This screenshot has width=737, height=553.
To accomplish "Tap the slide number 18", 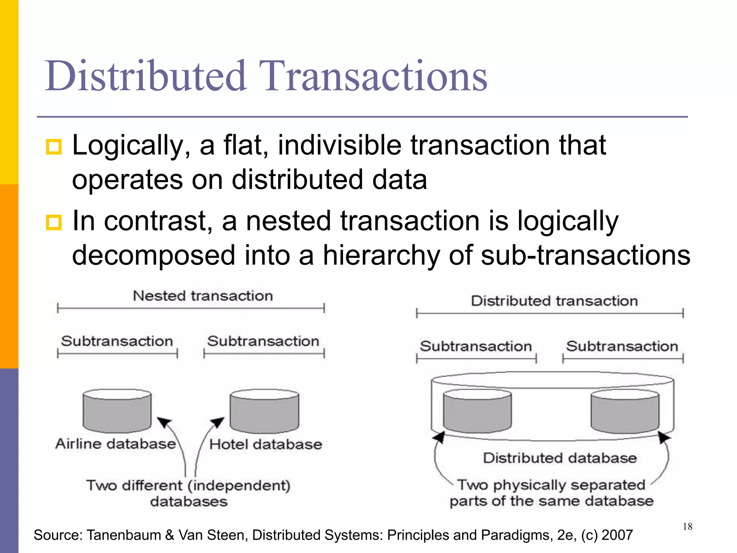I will tap(687, 527).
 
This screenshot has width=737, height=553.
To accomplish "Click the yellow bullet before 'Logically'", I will tap(54, 147).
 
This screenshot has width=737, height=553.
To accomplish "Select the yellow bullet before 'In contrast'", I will tap(54, 222).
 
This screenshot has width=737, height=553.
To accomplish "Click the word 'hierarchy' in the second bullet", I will tap(381, 255).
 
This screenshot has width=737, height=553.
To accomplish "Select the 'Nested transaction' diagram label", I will tap(203, 296).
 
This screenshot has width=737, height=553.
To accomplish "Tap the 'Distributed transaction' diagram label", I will tap(554, 301).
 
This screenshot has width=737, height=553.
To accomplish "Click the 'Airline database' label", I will tap(116, 444).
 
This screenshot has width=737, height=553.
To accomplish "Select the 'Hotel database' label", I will tap(266, 444).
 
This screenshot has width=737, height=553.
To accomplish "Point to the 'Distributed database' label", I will tap(560, 458).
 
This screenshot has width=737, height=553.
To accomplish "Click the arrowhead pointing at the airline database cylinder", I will tap(164, 422).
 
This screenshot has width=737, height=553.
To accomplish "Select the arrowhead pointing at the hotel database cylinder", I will tap(218, 422).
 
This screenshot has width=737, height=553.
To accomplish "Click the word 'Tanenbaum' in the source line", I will tap(124, 535).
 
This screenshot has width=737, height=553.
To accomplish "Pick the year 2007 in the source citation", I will tap(617, 535).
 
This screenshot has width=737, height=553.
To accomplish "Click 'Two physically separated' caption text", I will tap(551, 485).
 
